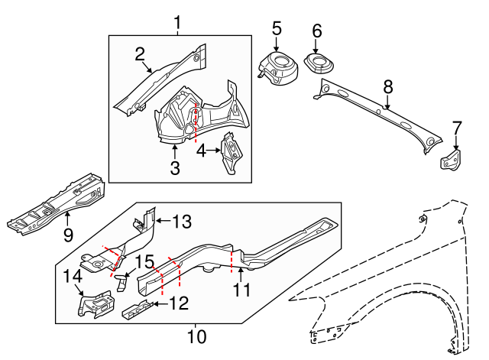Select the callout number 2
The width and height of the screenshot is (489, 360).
point(140,54)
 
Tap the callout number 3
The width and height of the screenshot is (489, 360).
point(175,168)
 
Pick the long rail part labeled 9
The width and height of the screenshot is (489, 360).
point(57,203)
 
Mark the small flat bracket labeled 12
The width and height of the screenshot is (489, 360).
point(136,313)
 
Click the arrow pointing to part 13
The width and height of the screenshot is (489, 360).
point(162,222)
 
